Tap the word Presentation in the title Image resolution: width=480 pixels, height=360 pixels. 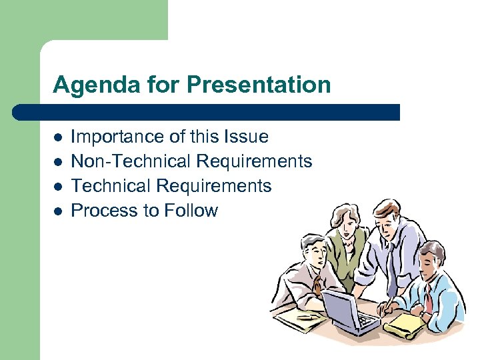[259, 85]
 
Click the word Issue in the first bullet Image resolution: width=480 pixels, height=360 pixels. [247, 137]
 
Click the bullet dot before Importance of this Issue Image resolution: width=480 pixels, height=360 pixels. [58, 138]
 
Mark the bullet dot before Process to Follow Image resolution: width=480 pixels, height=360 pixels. [58, 211]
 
